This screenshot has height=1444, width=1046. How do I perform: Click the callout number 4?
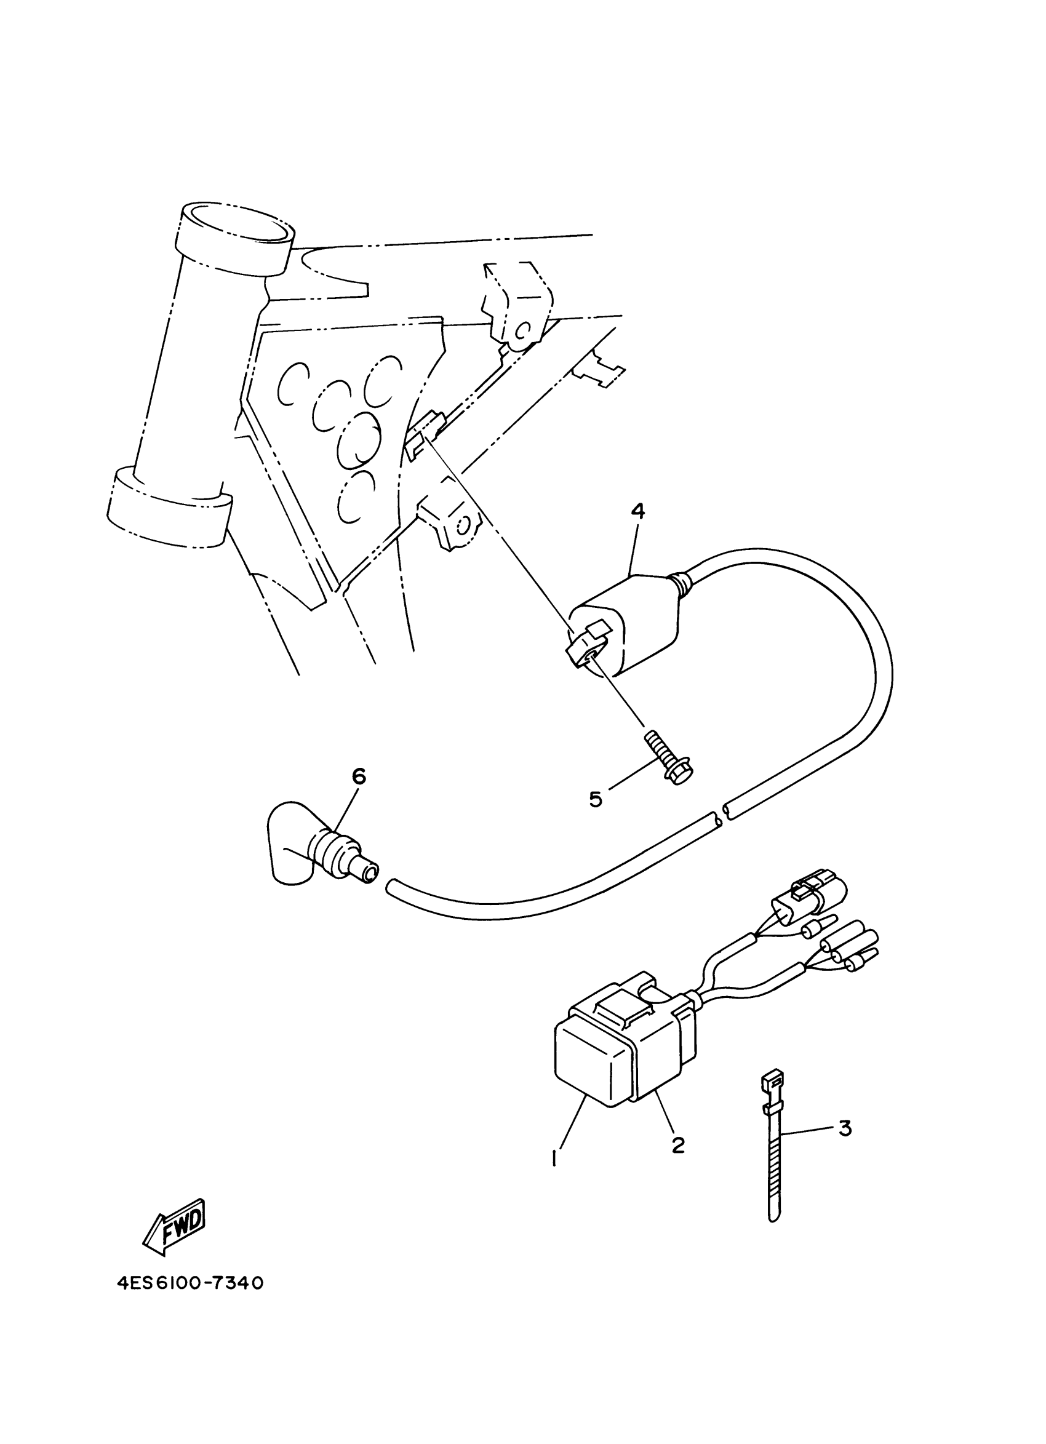(637, 511)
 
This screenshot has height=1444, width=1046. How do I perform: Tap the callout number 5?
(595, 799)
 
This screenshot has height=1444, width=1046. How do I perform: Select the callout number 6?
(359, 776)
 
